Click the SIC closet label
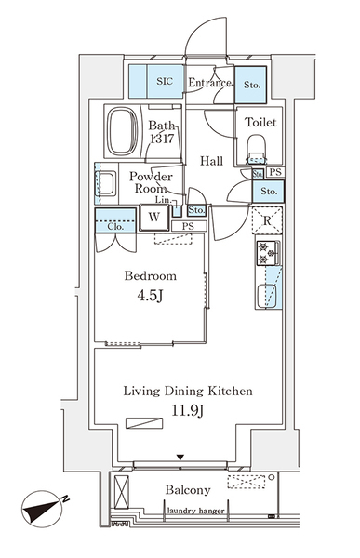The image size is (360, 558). pos(165,82)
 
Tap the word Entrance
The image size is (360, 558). pos(209,83)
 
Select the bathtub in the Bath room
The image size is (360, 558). pos(123,130)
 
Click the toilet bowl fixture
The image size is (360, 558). pos(257,146)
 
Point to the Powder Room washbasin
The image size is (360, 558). pos(106,183)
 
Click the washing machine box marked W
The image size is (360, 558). pos(153,217)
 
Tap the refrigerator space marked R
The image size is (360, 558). pos(267,220)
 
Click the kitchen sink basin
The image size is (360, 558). pos(267,296)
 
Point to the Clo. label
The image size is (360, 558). pos(115,226)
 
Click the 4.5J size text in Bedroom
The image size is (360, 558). pos(151,296)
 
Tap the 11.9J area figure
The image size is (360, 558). pos(188,411)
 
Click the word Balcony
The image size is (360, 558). pos(188,490)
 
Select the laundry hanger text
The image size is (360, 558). pos(196,511)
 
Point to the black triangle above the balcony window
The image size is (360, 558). pos(180,458)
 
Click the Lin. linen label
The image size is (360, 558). pos(163,200)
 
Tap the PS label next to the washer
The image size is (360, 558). pos(188,226)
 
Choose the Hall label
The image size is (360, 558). pos(211,161)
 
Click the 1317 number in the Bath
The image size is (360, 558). pos(162,138)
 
